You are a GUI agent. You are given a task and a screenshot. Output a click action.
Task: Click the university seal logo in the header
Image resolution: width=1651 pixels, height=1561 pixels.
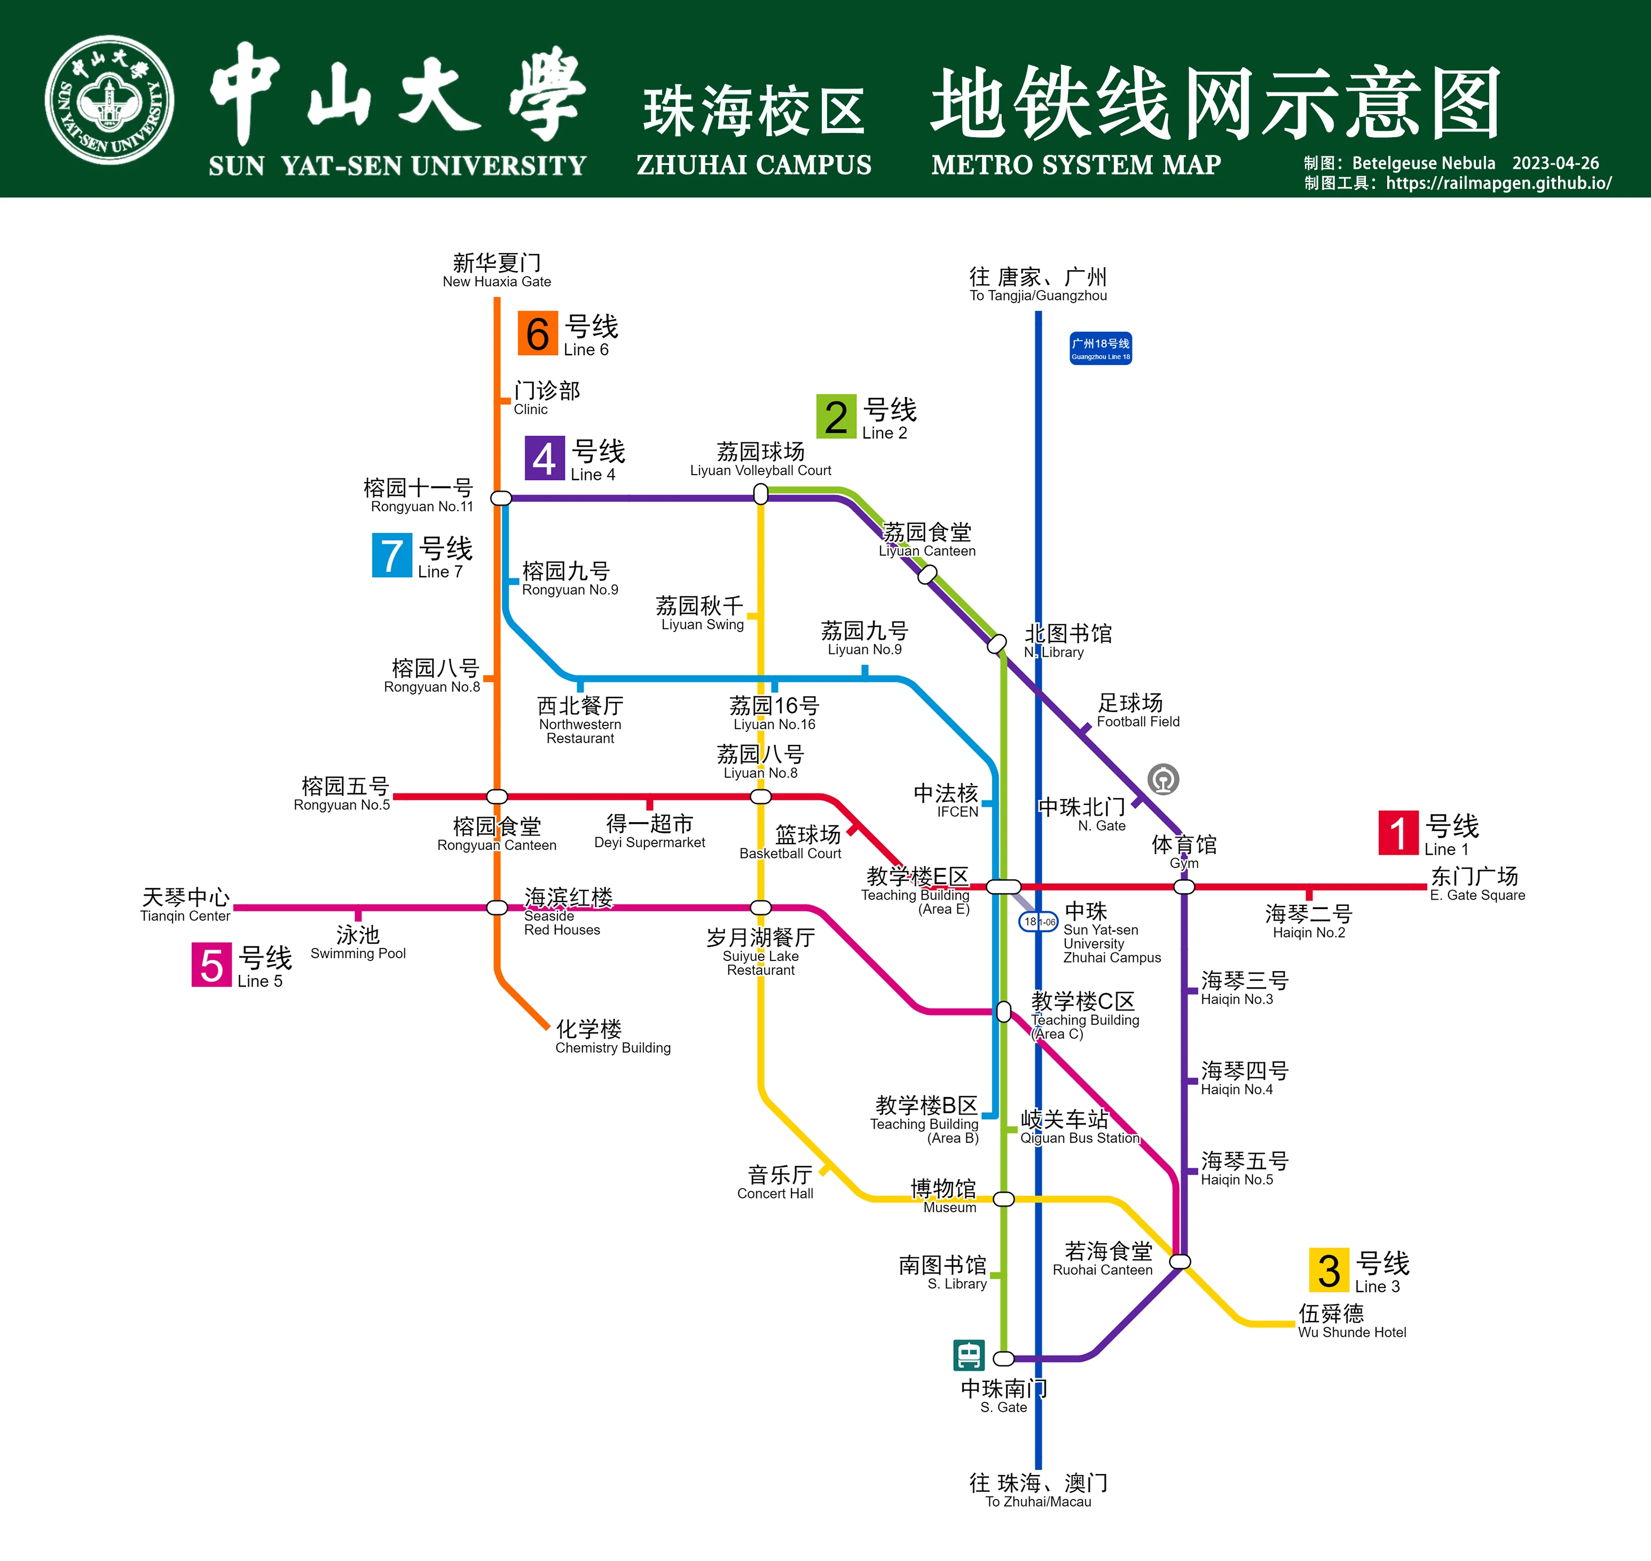coord(109,100)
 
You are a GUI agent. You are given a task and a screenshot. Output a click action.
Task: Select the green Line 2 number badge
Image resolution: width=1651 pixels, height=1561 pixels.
coord(836,416)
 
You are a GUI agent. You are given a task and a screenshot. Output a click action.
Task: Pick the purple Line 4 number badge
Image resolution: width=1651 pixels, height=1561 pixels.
coord(544,458)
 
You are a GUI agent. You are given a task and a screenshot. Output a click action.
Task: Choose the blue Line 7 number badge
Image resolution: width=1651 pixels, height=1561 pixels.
coord(392,555)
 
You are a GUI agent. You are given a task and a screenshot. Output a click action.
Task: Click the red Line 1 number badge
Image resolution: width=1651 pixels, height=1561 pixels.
coord(1398,833)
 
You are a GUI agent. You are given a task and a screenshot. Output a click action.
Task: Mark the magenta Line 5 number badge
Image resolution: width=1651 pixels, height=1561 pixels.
coord(211,964)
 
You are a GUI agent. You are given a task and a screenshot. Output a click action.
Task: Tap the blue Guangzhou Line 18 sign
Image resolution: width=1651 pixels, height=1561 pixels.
coord(1100,349)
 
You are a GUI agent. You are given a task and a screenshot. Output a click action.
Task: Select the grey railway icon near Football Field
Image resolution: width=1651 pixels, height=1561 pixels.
coord(1163,779)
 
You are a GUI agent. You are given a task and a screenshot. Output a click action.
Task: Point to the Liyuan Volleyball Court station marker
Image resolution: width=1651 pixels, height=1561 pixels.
coord(760,494)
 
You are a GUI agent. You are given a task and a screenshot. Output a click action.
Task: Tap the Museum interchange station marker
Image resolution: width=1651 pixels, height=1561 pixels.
coord(1004,1199)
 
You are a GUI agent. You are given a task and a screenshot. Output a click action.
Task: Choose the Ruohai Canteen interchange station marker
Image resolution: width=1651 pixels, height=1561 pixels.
coord(1180,1262)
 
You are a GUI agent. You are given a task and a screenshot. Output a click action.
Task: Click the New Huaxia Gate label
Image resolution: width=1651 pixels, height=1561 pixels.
coord(497,271)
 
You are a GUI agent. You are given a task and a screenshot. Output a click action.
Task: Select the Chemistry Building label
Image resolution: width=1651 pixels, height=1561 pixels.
coord(612,1037)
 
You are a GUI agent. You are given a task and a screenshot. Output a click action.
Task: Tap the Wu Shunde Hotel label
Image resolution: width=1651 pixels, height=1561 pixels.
coord(1351,1321)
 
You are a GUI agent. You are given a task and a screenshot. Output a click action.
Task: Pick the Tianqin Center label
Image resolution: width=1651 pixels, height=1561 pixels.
coord(186,904)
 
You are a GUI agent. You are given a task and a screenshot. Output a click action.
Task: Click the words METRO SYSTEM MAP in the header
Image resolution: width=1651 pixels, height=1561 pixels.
coord(1076,165)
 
